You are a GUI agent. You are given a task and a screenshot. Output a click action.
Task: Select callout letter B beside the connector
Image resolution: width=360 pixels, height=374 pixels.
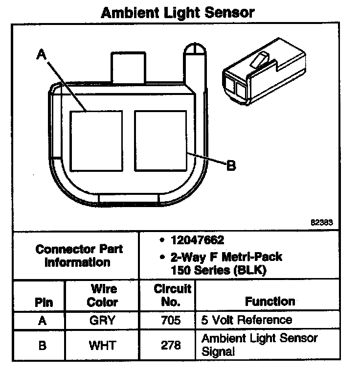(230, 165)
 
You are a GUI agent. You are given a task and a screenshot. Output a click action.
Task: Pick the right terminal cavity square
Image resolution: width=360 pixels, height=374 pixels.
(160, 140)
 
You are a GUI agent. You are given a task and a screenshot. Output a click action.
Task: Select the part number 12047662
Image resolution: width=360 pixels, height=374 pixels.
(198, 240)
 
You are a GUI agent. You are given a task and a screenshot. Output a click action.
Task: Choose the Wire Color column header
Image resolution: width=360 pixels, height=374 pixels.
(102, 295)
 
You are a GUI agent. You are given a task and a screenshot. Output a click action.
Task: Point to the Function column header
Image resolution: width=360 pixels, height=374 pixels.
(270, 301)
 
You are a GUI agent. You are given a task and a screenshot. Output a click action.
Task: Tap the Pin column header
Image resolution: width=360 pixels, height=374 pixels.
(44, 302)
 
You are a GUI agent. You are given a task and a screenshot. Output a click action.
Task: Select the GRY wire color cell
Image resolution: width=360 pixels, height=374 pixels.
(102, 321)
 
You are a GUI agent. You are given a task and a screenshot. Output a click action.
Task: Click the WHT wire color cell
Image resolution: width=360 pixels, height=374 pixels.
(102, 345)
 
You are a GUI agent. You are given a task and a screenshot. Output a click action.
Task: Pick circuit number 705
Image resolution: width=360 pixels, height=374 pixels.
(170, 321)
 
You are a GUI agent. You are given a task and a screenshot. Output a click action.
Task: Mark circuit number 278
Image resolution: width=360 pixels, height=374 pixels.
(170, 345)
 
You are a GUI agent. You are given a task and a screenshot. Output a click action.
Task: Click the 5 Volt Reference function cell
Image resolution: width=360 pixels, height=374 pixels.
(247, 320)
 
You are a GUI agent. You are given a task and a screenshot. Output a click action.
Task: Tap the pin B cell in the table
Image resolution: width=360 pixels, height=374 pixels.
(43, 345)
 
